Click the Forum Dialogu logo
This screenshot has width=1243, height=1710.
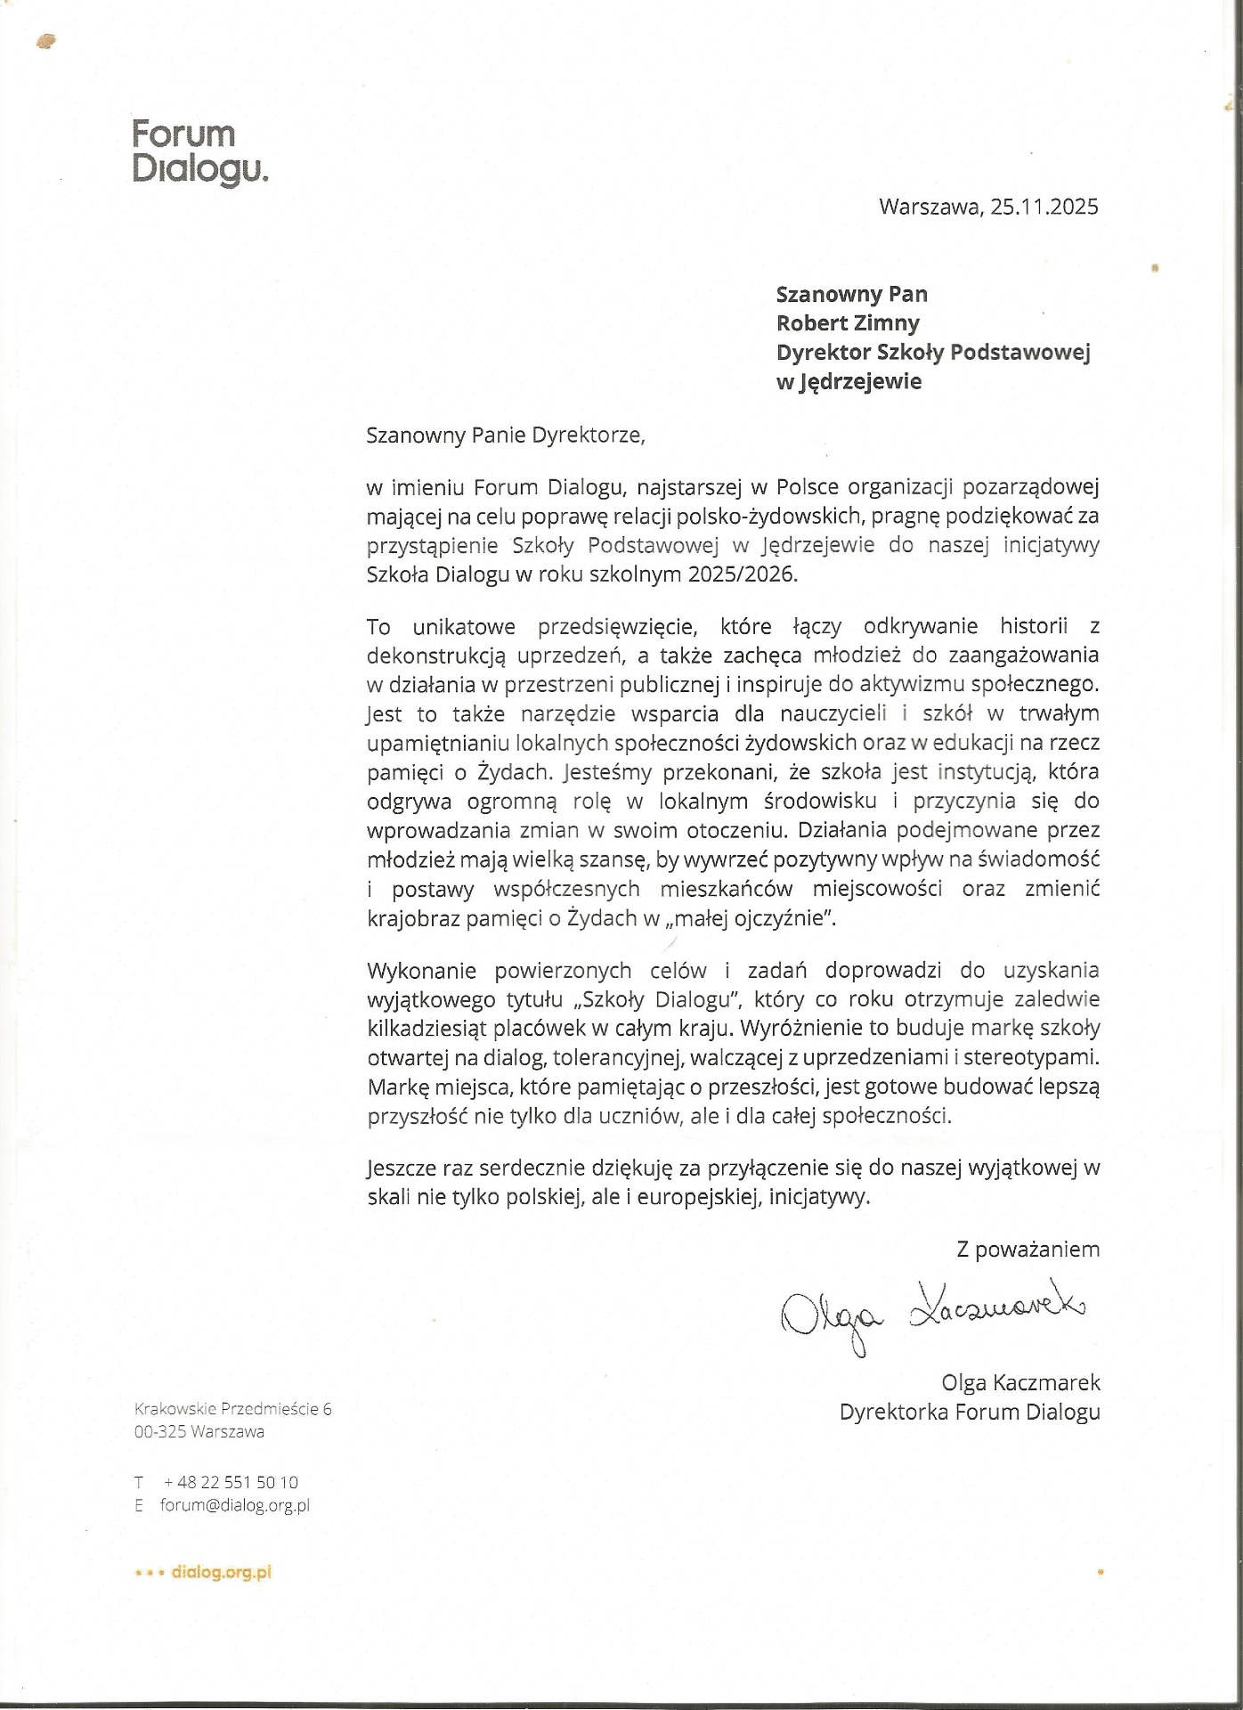click(199, 151)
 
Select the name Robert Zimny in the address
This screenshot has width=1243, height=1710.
click(848, 322)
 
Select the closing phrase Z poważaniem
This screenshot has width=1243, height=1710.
click(1028, 1250)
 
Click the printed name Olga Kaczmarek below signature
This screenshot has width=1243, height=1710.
click(1020, 1382)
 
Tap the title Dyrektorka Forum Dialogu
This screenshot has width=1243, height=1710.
click(970, 1412)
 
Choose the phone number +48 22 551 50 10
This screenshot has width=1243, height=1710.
click(232, 1482)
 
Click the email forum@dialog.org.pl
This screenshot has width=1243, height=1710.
click(235, 1505)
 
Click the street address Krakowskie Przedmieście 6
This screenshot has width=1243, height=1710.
click(232, 1408)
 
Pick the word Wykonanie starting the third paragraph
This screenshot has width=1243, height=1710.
click(423, 970)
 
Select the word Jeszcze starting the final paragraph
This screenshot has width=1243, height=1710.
click(402, 1168)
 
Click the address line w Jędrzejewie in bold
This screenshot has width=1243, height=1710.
click(849, 381)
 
